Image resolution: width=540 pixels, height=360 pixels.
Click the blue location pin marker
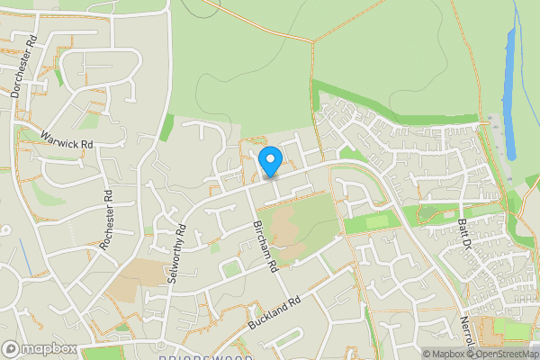tap(270, 162)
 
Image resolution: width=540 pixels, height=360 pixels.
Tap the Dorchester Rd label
tap(22, 67)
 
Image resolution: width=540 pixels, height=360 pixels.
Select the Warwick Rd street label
tap(67, 139)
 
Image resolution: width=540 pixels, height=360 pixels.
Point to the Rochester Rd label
tap(108, 220)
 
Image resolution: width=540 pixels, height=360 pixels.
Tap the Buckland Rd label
tap(274, 312)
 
